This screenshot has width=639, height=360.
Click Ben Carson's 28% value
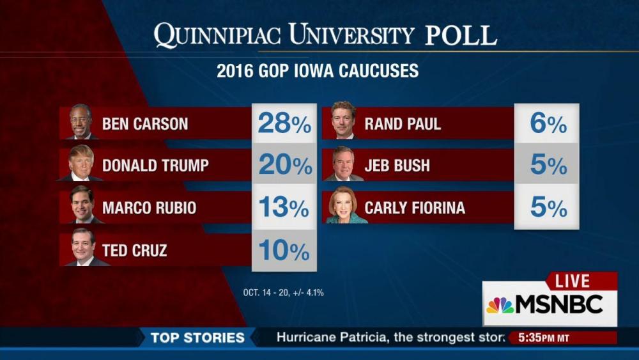point(284,124)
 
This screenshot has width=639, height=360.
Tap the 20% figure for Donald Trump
point(285,166)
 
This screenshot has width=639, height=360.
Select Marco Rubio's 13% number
point(284,208)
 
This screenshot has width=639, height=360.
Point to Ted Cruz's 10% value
point(284,251)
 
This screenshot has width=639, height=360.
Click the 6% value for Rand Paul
point(548,124)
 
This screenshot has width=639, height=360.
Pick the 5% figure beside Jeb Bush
point(548,166)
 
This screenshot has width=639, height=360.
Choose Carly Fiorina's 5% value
point(548,208)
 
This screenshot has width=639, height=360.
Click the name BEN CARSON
point(145,124)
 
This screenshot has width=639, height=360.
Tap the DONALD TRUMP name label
point(155,166)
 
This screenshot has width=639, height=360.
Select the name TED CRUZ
point(134,251)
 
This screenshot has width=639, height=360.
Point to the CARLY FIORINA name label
point(415,208)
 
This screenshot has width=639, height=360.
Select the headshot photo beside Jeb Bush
point(343,164)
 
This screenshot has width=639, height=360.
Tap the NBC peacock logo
point(500,305)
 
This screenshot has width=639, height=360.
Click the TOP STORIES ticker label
point(197,338)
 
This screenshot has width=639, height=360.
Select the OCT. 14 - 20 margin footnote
point(284,293)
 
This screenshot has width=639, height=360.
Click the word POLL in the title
point(461,36)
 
